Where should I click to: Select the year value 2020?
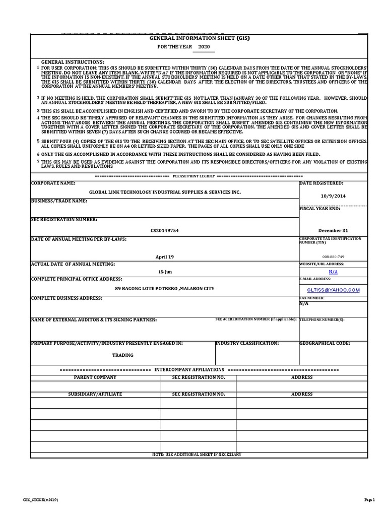[x=204, y=47]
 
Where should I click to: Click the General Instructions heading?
[x=73, y=61]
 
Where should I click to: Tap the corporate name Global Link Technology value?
[x=165, y=192]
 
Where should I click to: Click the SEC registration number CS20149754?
[x=164, y=230]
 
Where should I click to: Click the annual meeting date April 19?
[x=164, y=257]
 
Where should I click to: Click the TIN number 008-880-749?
[x=333, y=256]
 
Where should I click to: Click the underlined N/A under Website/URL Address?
[x=333, y=272]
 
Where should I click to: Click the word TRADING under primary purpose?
[x=122, y=355]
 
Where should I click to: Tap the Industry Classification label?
[x=247, y=343]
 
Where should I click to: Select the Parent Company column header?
[x=95, y=377]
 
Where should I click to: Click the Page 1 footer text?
[x=370, y=500]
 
